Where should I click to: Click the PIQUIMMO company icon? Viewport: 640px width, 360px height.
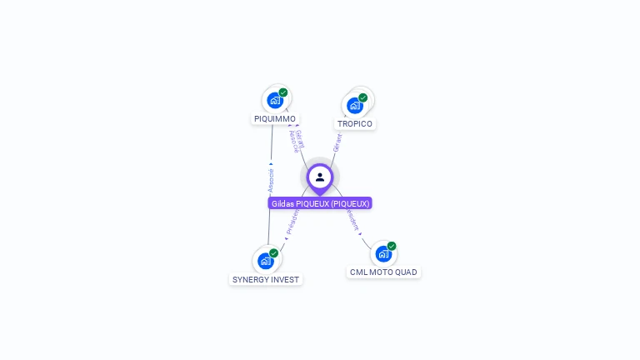pyautogui.click(x=275, y=100)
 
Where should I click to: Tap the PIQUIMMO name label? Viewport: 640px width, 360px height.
pyautogui.click(x=275, y=119)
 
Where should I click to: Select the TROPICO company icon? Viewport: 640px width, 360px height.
pyautogui.click(x=355, y=105)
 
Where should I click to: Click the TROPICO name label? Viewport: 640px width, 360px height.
pyautogui.click(x=355, y=124)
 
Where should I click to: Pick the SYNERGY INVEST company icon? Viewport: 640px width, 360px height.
pyautogui.click(x=266, y=261)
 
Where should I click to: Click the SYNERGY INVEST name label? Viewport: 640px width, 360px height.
pyautogui.click(x=266, y=280)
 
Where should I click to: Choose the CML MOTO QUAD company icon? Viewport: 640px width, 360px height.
pyautogui.click(x=383, y=253)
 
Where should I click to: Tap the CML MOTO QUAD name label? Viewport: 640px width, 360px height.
pyautogui.click(x=383, y=272)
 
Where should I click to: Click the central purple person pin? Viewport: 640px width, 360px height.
pyautogui.click(x=320, y=177)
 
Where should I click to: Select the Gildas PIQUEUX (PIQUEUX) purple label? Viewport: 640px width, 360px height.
pyautogui.click(x=320, y=203)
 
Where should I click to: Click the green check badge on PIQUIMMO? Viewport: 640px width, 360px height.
pyautogui.click(x=283, y=92)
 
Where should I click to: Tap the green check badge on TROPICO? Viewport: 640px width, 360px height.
pyautogui.click(x=363, y=97)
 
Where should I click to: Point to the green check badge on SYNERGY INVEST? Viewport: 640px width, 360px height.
pyautogui.click(x=274, y=253)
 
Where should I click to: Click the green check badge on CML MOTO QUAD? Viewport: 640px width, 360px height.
pyautogui.click(x=392, y=246)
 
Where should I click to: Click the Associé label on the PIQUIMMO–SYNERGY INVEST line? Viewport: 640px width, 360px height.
pyautogui.click(x=271, y=179)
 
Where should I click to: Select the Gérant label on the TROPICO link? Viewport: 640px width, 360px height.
pyautogui.click(x=337, y=142)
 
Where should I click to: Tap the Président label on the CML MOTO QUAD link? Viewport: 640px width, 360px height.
pyautogui.click(x=353, y=221)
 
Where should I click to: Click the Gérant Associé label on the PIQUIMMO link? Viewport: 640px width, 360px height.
pyautogui.click(x=296, y=142)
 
